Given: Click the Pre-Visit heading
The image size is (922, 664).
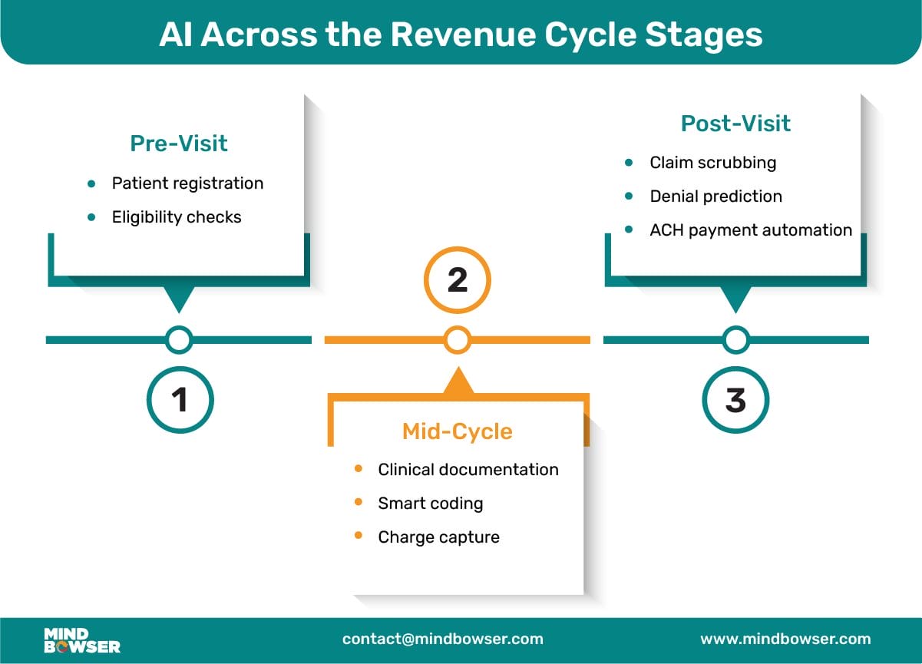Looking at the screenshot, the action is click(x=179, y=144).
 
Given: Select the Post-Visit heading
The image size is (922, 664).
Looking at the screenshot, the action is click(x=735, y=123).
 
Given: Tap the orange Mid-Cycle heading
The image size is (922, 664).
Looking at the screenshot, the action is click(x=458, y=432).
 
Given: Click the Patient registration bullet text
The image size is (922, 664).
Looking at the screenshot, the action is click(x=187, y=183).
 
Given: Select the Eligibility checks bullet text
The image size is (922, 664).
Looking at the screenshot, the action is click(x=177, y=217).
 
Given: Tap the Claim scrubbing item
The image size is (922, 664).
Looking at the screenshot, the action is click(x=713, y=163).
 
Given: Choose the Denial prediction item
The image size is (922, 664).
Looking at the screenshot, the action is click(x=715, y=197).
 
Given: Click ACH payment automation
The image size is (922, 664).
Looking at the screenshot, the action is click(x=751, y=230).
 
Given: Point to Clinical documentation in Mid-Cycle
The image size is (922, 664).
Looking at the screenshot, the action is click(x=468, y=469).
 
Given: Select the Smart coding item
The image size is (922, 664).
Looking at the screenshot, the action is click(x=431, y=504).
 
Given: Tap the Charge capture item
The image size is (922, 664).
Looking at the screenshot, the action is click(x=439, y=537).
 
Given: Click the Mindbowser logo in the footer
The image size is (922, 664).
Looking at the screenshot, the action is click(x=82, y=640).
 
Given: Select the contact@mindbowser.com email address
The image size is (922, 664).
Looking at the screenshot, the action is click(x=442, y=639).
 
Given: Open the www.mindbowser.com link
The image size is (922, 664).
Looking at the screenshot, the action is click(x=785, y=639).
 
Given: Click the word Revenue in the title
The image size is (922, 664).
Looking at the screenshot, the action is click(x=463, y=35).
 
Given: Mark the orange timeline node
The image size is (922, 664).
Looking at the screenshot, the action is click(x=458, y=340).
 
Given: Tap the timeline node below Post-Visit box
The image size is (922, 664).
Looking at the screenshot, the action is click(x=735, y=340).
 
